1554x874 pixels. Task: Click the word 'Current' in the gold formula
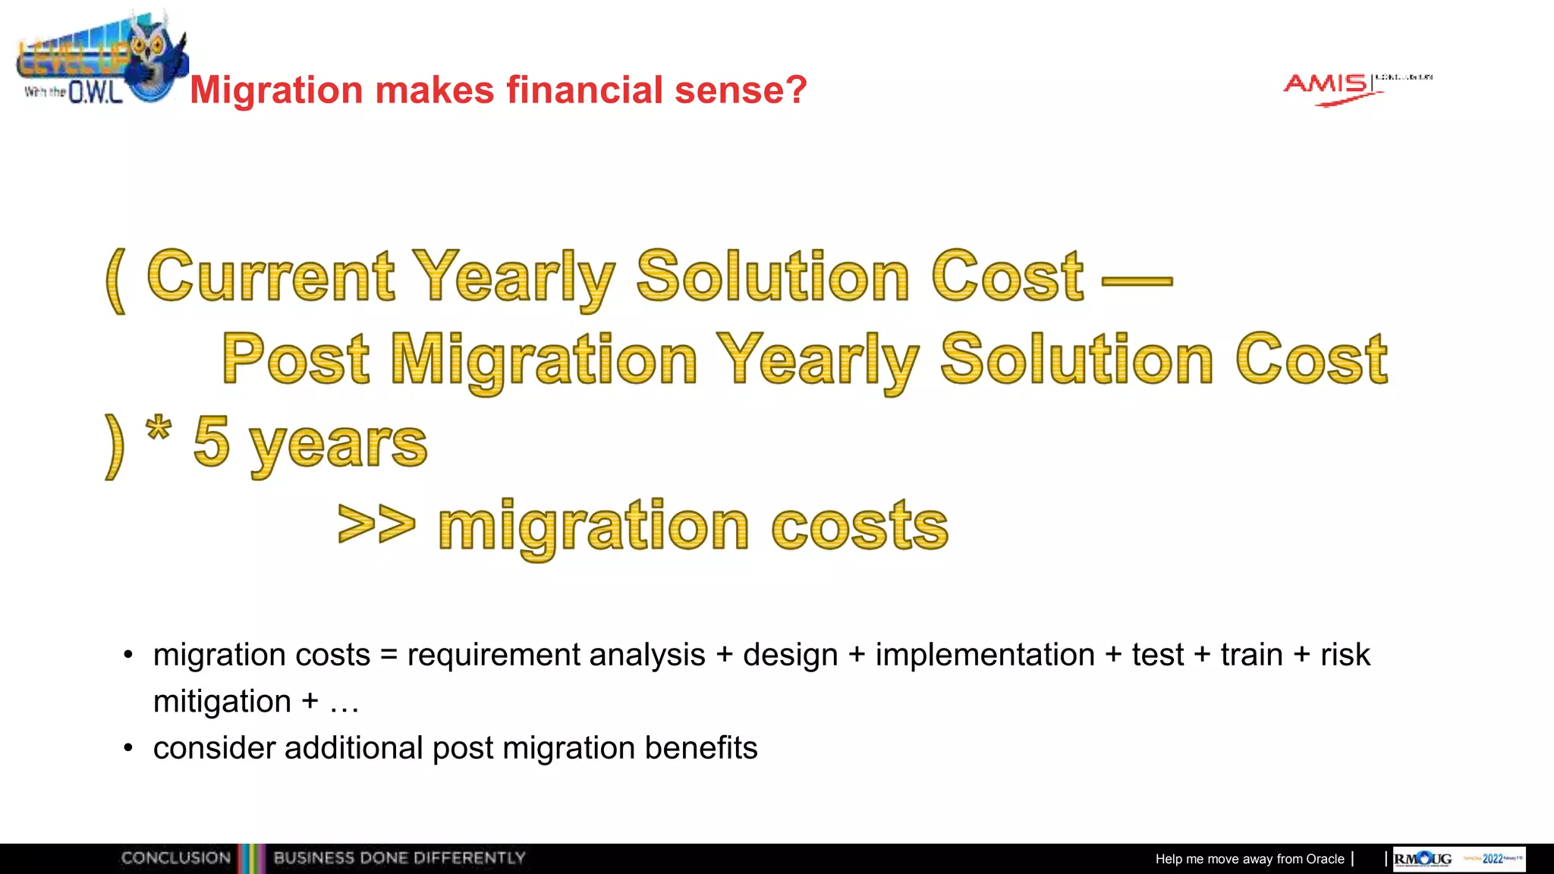point(271,277)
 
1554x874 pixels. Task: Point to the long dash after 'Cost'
point(1137,281)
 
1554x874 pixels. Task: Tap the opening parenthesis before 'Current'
point(115,281)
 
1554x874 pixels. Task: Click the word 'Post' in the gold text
point(296,360)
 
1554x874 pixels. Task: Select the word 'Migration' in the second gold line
point(544,360)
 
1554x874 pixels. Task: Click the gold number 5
point(211,442)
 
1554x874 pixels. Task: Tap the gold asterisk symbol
point(159,429)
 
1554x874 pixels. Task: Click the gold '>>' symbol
point(376,524)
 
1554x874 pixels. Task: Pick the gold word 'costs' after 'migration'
point(860,527)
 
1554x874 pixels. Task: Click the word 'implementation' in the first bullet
point(985,655)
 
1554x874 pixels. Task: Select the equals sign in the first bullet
point(388,655)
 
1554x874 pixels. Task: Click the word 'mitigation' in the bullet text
point(222,702)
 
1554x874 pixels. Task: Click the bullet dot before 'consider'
point(128,749)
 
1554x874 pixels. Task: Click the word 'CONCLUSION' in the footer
point(176,858)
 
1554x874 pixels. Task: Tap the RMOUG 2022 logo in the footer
point(1458,859)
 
